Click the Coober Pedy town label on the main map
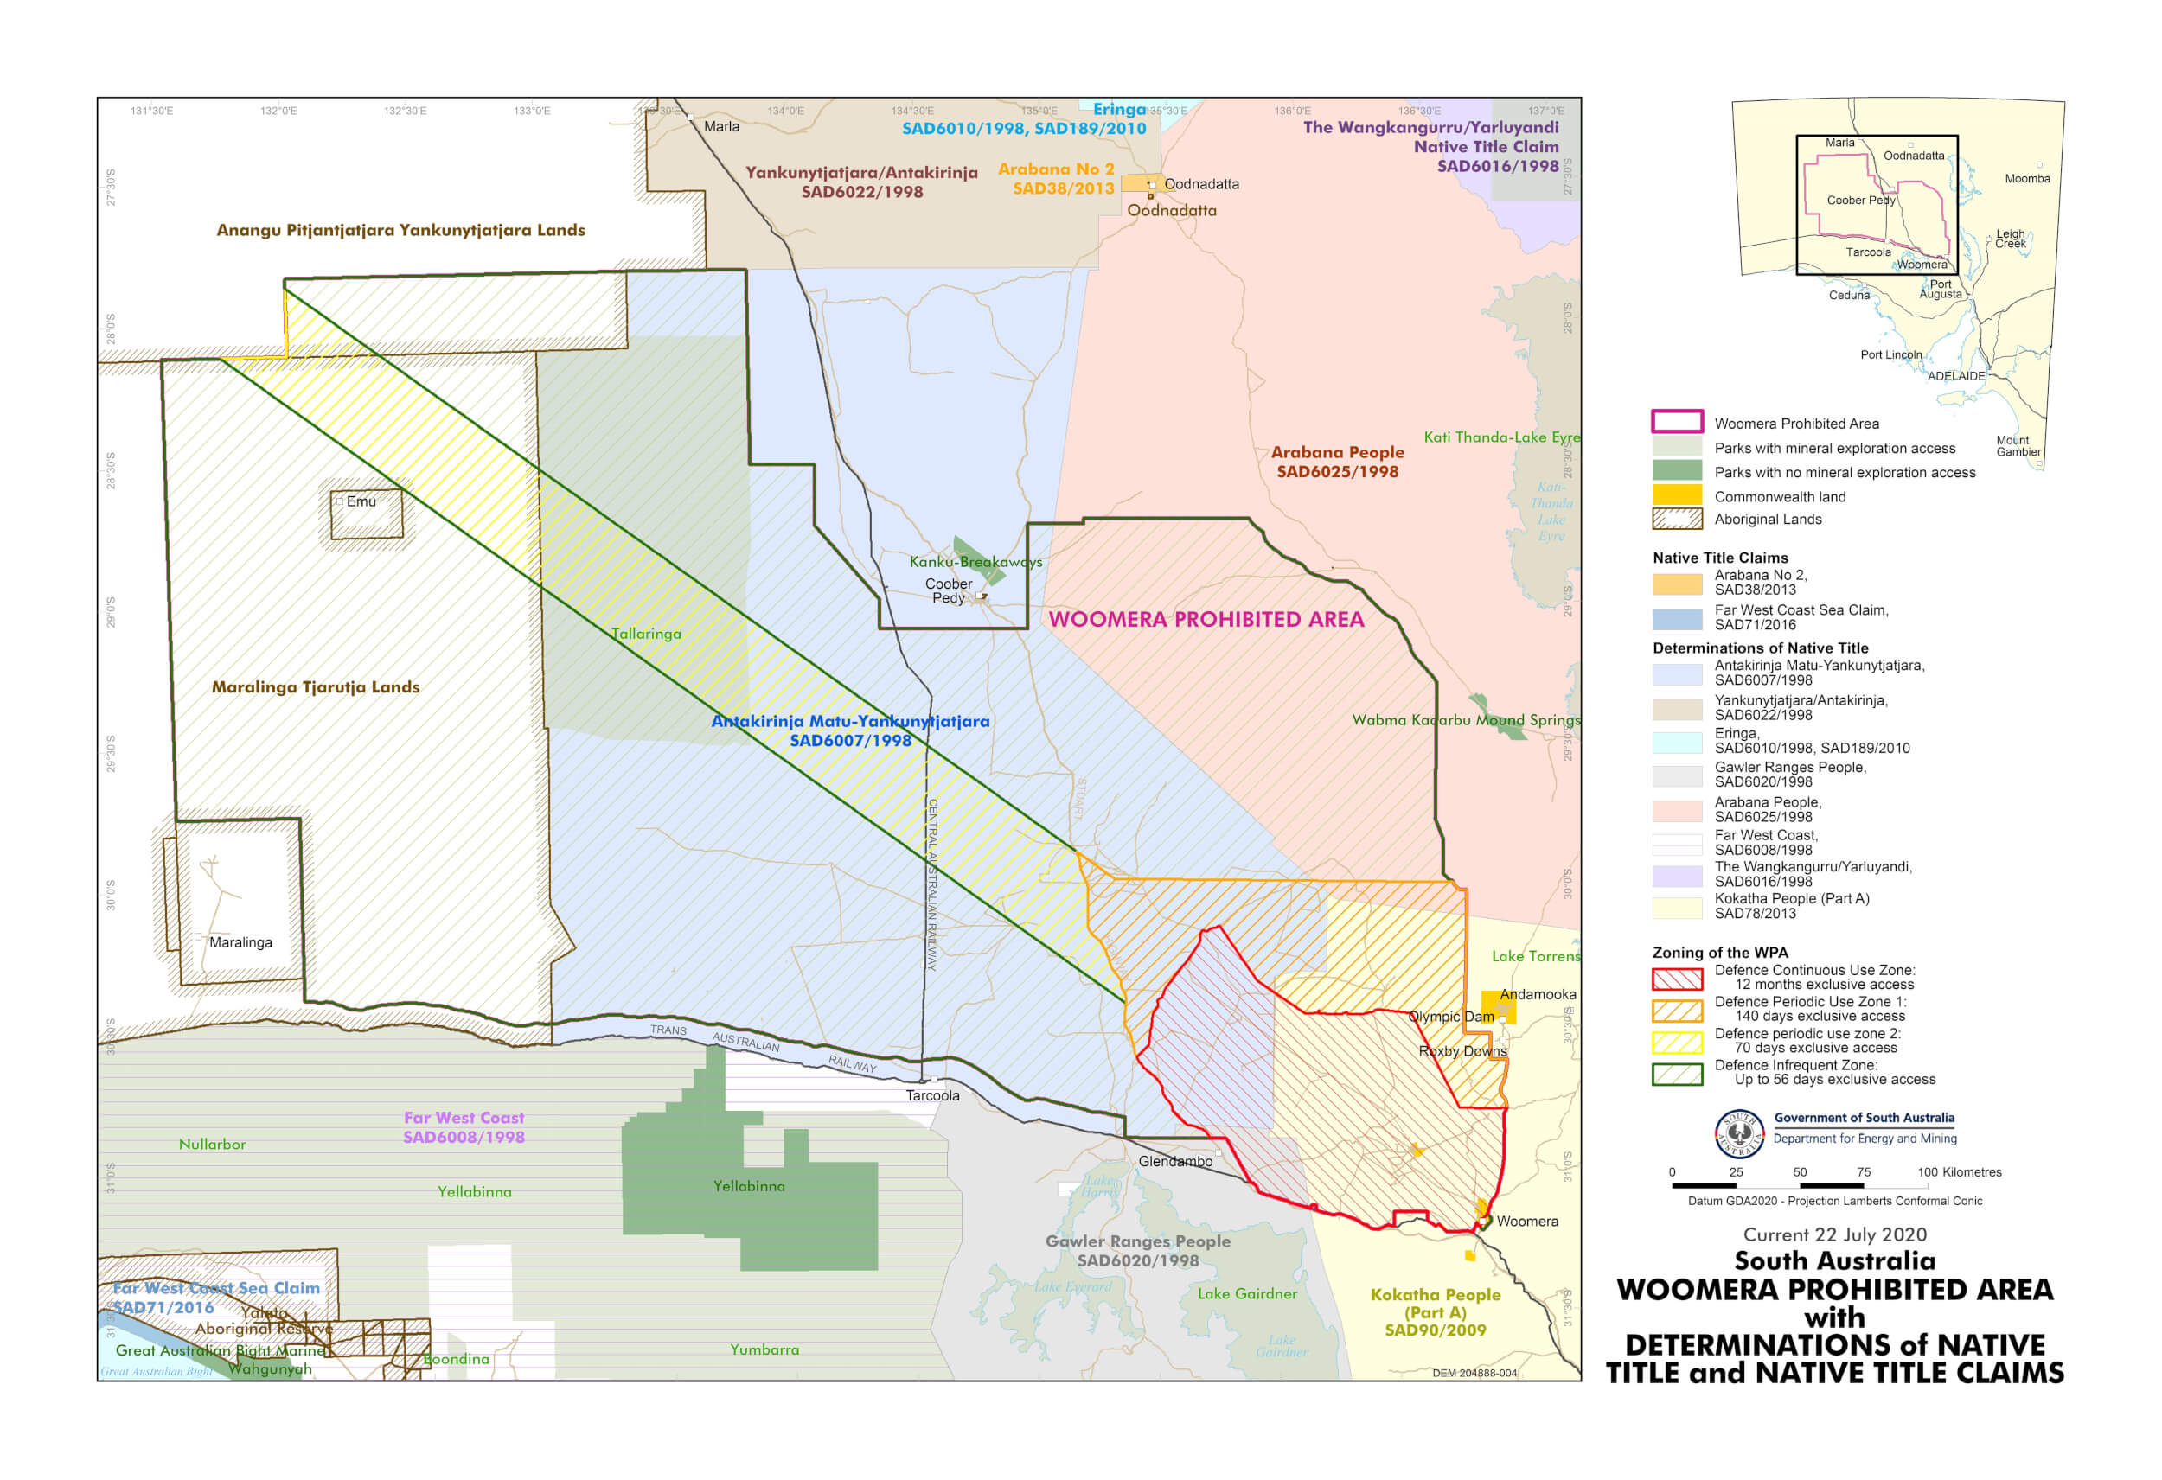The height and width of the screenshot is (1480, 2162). [x=948, y=590]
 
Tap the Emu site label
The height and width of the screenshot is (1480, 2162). [x=361, y=501]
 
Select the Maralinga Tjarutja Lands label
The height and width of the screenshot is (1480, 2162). [x=316, y=687]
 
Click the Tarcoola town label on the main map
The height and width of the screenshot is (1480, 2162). [x=932, y=1096]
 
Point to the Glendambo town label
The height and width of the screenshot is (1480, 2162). [x=1175, y=1162]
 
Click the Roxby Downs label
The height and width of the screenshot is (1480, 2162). [x=1462, y=1052]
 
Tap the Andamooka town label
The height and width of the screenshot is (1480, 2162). [x=1538, y=994]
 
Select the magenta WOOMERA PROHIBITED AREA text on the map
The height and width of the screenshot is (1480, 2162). [x=1206, y=620]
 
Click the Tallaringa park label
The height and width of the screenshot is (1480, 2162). [x=646, y=635]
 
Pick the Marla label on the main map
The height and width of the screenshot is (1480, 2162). [x=721, y=126]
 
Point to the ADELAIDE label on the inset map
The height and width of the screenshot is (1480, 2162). [x=1955, y=377]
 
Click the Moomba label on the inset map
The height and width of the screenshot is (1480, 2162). [x=2027, y=179]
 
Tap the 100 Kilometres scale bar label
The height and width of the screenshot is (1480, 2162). [x=1958, y=1173]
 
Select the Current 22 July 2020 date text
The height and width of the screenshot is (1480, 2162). [x=1834, y=1235]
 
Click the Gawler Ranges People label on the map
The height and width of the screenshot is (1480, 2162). [x=1137, y=1242]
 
